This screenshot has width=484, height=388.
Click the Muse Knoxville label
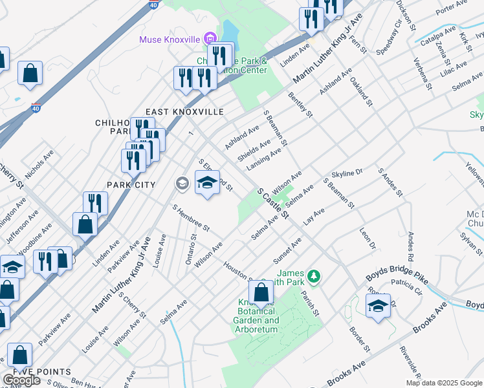click(170, 39)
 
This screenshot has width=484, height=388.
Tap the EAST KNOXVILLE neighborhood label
click(184, 112)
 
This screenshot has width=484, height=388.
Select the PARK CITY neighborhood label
click(131, 185)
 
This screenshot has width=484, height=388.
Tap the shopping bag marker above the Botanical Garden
click(260, 294)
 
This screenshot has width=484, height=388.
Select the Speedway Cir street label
click(390, 34)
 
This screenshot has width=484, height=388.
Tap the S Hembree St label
click(191, 218)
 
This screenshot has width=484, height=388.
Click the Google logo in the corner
click(21, 380)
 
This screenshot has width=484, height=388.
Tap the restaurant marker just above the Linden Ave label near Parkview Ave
click(95, 203)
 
